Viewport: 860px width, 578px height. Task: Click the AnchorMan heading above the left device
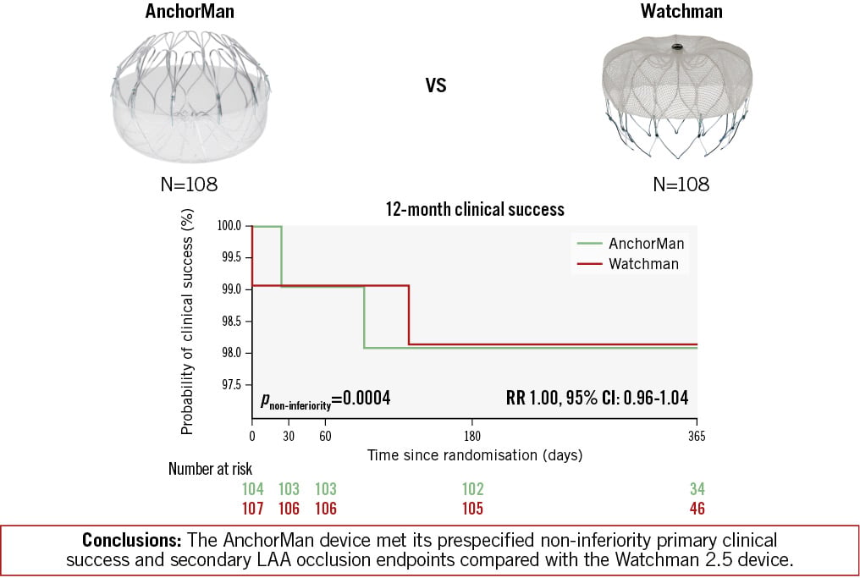pyautogui.click(x=190, y=11)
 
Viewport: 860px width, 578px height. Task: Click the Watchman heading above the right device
pyautogui.click(x=681, y=11)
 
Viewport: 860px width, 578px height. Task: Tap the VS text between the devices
pyautogui.click(x=436, y=85)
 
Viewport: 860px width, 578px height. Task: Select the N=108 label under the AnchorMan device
pyautogui.click(x=190, y=184)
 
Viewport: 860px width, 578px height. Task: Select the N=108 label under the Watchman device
pyautogui.click(x=681, y=184)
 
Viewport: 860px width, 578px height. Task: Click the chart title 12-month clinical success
pyautogui.click(x=475, y=210)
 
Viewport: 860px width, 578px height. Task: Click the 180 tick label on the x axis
pyautogui.click(x=472, y=437)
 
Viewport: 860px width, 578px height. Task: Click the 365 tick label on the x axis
pyautogui.click(x=697, y=437)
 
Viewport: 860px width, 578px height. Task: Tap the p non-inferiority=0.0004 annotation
pyautogui.click(x=325, y=399)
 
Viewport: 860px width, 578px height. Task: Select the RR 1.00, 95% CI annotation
pyautogui.click(x=597, y=398)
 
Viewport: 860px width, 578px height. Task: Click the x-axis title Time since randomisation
pyautogui.click(x=475, y=455)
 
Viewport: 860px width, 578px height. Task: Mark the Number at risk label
pyautogui.click(x=210, y=469)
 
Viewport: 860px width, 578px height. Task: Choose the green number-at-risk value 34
pyautogui.click(x=697, y=488)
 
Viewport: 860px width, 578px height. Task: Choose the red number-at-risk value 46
pyautogui.click(x=697, y=509)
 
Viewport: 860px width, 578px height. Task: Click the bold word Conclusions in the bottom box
pyautogui.click(x=132, y=540)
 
